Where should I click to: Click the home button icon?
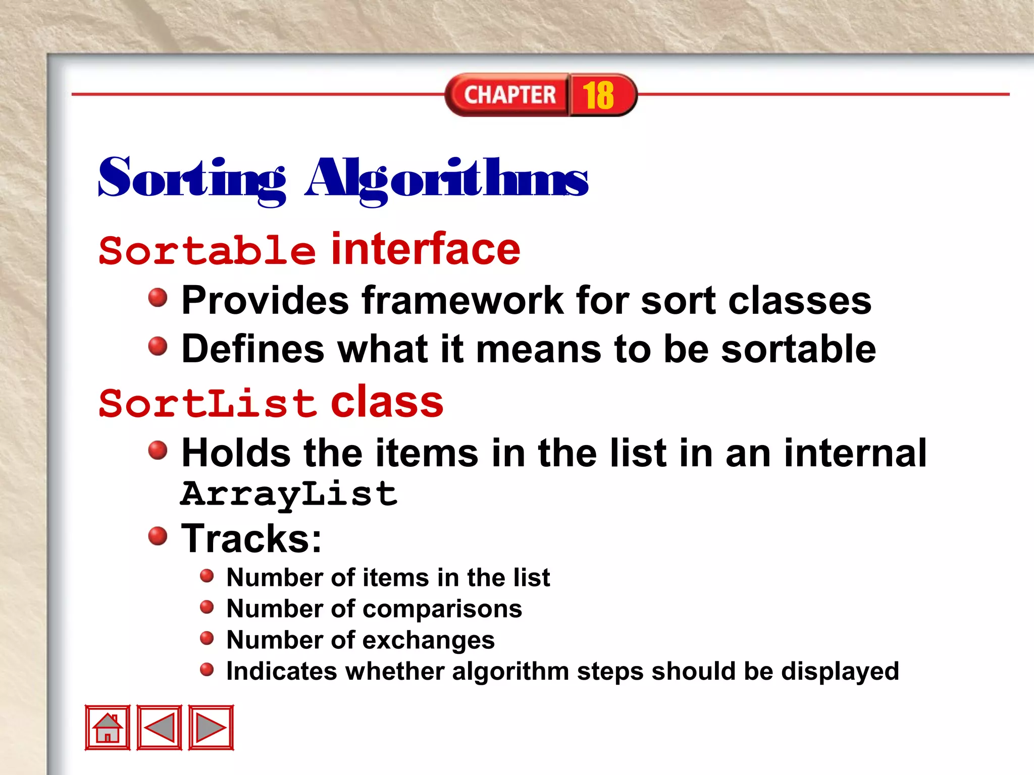(x=108, y=727)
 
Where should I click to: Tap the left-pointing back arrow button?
(x=160, y=727)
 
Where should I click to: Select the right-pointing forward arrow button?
(x=211, y=727)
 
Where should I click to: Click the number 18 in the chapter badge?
(x=598, y=95)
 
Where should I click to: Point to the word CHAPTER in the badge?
(x=510, y=95)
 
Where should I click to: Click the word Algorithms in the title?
(x=447, y=179)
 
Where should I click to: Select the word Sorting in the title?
(x=192, y=179)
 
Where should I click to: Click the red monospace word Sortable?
(x=207, y=250)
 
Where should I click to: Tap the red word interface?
(x=426, y=249)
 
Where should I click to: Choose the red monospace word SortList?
(x=207, y=403)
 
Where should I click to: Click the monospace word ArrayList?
(x=289, y=494)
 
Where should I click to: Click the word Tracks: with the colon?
(x=251, y=539)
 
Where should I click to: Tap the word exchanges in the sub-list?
(x=429, y=640)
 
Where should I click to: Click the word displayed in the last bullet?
(x=840, y=671)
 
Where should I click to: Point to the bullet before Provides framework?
(x=158, y=297)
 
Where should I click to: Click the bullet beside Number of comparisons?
(x=207, y=607)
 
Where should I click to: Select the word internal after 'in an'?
(x=855, y=453)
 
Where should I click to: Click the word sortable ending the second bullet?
(x=798, y=349)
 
